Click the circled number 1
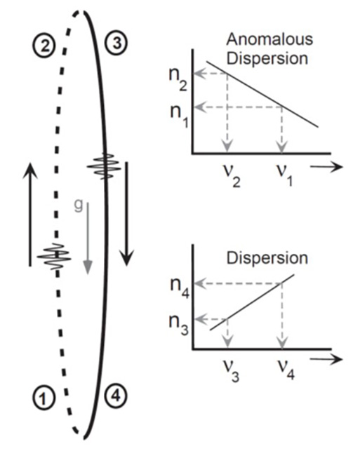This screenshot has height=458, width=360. tap(44, 397)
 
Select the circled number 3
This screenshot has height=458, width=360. tap(117, 43)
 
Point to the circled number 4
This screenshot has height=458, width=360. tap(116, 396)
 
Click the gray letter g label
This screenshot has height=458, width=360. tap(79, 206)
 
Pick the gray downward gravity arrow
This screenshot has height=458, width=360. tap(88, 238)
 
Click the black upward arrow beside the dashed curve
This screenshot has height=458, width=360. tap(30, 215)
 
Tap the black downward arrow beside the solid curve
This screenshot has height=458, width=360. tap(126, 214)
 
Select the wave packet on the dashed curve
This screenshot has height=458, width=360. tap(55, 257)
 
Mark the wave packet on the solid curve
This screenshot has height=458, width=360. tap(104, 166)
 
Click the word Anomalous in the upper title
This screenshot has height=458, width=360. tap(269, 39)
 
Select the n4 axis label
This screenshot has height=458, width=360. tap(180, 288)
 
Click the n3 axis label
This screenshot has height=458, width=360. tap(179, 325)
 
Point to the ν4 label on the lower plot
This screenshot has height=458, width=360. tap(286, 369)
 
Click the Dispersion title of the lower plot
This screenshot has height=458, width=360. tap(267, 258)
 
